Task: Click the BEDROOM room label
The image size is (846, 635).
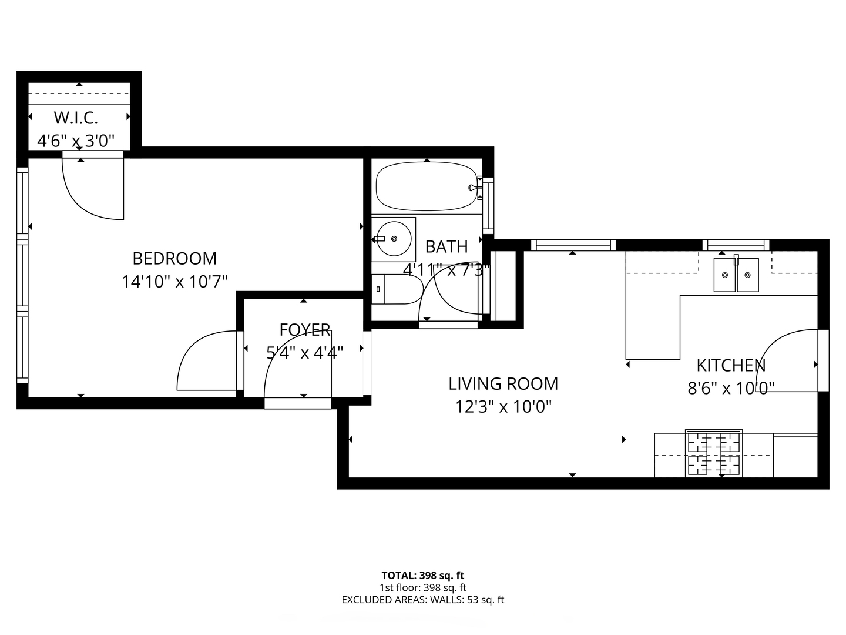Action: point(174,258)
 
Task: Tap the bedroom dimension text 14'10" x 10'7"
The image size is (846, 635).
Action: point(174,282)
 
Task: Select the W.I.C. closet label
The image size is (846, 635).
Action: point(76,118)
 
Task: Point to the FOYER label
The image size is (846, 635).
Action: point(304,330)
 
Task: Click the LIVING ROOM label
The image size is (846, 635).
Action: point(503,384)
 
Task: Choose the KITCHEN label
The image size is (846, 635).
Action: point(731,365)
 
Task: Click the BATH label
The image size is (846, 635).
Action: point(446,246)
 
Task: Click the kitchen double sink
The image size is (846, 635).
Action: point(736,275)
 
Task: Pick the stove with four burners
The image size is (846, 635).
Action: point(713,454)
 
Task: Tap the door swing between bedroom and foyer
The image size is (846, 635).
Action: point(206,362)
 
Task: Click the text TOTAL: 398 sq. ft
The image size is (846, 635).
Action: point(423,576)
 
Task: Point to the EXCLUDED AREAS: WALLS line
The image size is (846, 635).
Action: point(423,600)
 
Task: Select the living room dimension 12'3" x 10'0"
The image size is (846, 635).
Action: point(503,407)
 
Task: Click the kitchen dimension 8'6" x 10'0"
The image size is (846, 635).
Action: point(731,388)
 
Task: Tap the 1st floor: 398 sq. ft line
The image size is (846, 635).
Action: point(423,587)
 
